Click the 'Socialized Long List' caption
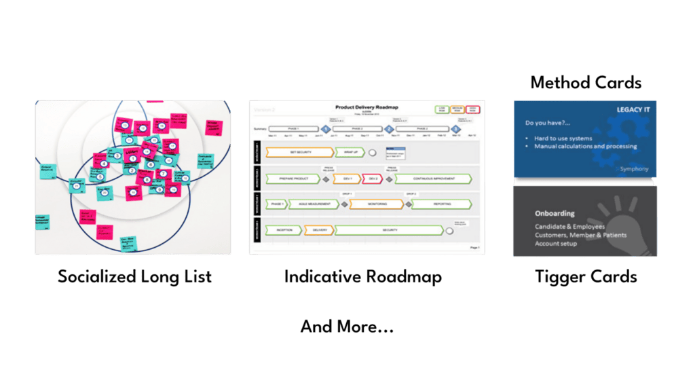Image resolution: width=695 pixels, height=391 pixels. tap(134, 277)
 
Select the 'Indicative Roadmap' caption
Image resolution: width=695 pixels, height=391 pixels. tap(363, 277)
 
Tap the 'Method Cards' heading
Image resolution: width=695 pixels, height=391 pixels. tap(586, 83)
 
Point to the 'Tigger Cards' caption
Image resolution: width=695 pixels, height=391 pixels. tap(586, 277)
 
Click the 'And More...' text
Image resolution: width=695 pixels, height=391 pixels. tap(347, 327)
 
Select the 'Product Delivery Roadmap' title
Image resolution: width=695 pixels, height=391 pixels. tap(367, 108)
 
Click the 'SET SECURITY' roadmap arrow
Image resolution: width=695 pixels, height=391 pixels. tap(299, 152)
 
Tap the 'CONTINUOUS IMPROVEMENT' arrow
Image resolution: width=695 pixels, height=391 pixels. tap(433, 179)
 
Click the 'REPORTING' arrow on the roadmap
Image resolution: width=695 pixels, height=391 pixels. tap(441, 204)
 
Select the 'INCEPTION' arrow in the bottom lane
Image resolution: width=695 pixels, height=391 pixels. tap(282, 230)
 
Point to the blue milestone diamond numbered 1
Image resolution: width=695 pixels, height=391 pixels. tap(325, 128)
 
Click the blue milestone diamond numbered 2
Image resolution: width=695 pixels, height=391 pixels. tap(389, 128)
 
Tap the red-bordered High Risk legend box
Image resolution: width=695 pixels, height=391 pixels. tap(472, 109)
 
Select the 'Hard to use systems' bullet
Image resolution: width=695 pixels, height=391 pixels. tap(563, 138)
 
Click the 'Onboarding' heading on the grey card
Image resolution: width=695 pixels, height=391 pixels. tap(555, 212)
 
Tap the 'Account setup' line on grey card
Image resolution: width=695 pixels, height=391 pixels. tap(556, 244)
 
